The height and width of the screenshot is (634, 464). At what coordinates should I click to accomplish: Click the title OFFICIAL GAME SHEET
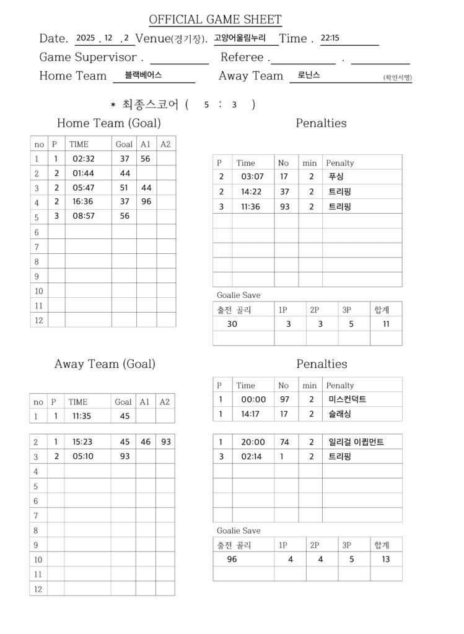coord(215,20)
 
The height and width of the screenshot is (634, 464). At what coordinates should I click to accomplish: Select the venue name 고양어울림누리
coord(240,38)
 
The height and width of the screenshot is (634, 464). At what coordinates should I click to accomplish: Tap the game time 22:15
coord(330,38)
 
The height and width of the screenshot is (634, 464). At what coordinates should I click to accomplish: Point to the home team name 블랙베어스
coord(143,75)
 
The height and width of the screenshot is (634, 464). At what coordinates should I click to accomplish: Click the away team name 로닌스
coord(309,75)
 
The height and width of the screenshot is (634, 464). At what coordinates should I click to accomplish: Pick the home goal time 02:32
coord(83,158)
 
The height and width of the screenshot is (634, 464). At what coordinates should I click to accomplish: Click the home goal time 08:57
coord(83,216)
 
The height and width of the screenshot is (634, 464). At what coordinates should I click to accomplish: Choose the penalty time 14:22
coord(251,192)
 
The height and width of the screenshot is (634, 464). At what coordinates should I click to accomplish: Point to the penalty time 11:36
coord(251,207)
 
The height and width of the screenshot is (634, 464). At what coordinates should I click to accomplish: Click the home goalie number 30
coord(232,324)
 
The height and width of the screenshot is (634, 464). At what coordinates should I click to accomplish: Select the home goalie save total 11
coord(386,324)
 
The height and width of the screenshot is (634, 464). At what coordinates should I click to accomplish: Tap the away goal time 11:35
coord(82,417)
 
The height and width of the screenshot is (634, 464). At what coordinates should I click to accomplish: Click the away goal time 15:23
coord(82,443)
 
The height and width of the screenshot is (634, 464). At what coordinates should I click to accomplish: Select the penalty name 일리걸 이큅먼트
coord(356,443)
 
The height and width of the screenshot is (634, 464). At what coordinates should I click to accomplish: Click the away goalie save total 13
coord(386,559)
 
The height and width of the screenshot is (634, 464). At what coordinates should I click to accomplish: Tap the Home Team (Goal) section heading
coord(108,123)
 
